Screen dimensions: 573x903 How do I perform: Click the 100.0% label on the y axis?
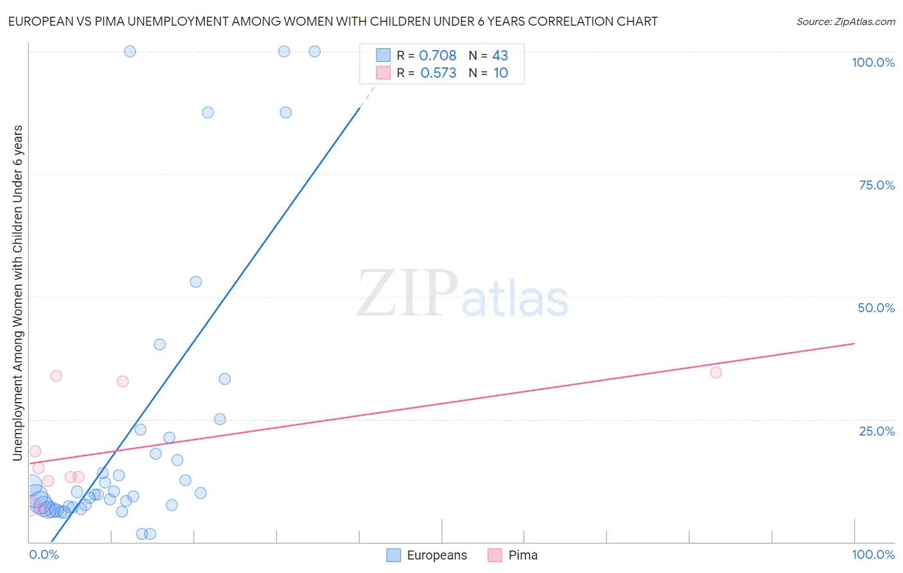[873, 62]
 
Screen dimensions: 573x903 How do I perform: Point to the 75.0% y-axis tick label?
[877, 185]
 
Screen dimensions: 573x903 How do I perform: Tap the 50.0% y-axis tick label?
[876, 308]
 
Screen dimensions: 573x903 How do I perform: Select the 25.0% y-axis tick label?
[877, 431]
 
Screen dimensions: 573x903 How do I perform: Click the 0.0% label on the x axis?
[44, 554]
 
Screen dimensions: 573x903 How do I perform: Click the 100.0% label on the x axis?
[873, 554]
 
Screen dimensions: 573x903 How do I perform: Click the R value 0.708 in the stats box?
[437, 56]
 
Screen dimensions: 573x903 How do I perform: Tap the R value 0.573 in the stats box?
[438, 73]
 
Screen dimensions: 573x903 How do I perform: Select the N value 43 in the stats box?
[500, 56]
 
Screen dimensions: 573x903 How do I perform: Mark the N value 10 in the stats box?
[500, 73]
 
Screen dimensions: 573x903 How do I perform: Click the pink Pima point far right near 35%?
[716, 373]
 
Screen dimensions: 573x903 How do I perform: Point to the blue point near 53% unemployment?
[196, 282]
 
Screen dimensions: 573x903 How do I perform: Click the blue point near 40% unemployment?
[160, 344]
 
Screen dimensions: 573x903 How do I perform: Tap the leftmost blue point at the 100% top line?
[130, 51]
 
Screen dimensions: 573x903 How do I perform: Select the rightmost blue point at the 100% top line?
[315, 51]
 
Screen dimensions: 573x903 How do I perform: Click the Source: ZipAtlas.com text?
[845, 22]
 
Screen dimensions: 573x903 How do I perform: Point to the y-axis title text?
[18, 292]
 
